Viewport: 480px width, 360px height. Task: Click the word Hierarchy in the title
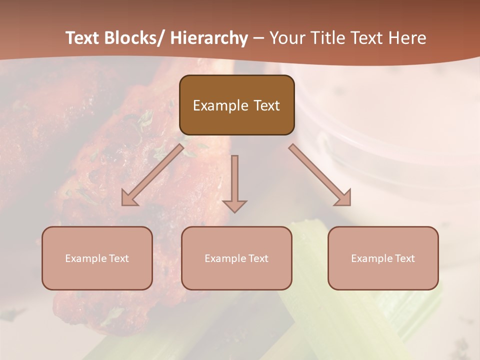209,38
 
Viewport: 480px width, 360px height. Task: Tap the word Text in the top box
266,105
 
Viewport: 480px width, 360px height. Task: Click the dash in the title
258,38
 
